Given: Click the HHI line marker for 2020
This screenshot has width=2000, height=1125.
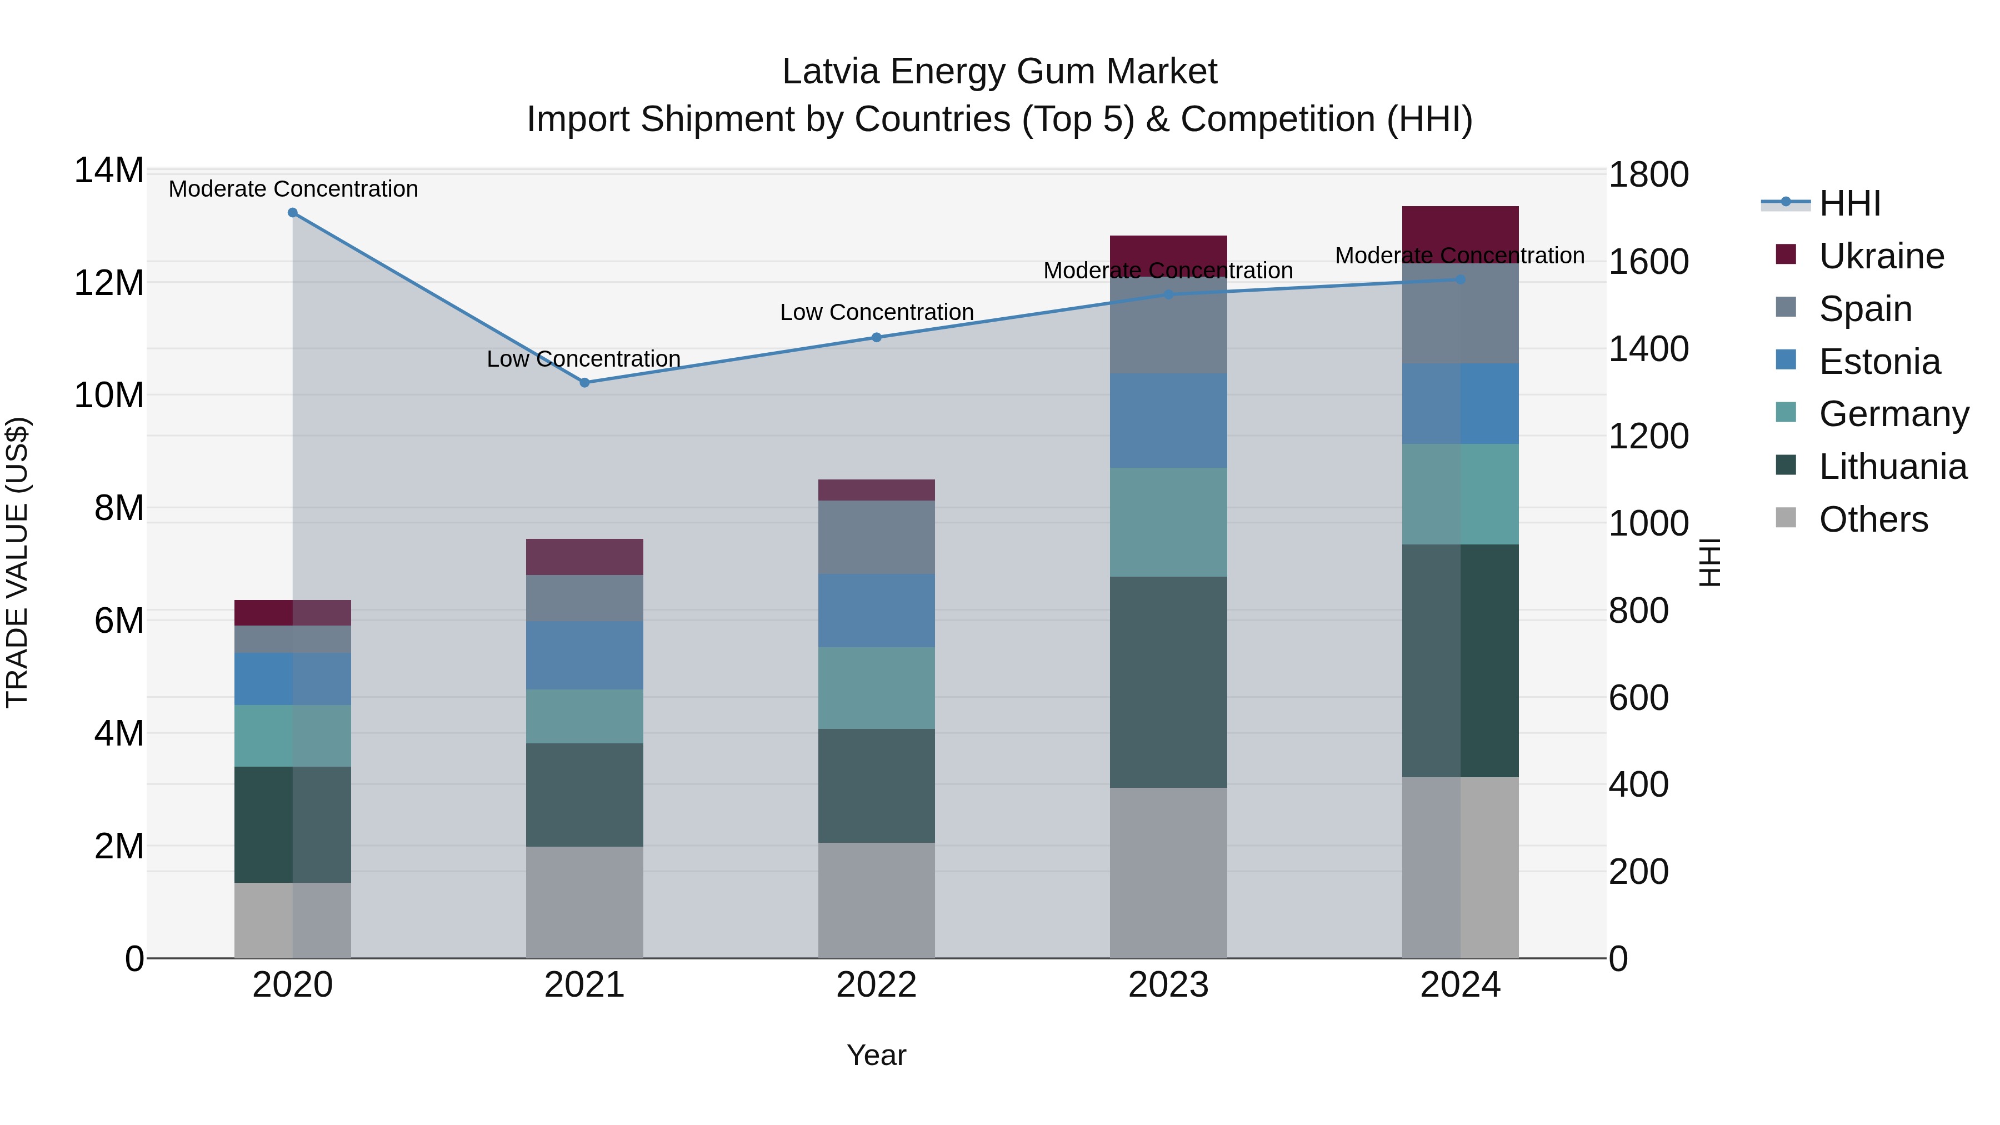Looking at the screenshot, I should click(x=293, y=213).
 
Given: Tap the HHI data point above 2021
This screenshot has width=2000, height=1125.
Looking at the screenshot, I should click(x=584, y=383).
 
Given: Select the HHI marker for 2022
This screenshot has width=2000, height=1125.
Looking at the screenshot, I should click(x=877, y=337).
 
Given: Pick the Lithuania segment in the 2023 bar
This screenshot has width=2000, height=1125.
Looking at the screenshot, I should click(x=1168, y=682).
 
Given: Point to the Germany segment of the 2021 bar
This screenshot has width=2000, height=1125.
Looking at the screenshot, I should click(x=584, y=716).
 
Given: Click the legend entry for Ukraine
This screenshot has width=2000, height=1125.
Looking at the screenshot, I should click(x=1881, y=256).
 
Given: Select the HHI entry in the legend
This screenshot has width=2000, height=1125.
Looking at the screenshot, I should click(x=1849, y=203).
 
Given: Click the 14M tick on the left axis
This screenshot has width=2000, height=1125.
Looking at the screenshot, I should click(x=109, y=170).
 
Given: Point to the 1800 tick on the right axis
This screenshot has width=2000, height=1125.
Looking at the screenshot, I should click(x=1648, y=174).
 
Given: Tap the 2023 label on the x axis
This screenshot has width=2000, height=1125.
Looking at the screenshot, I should click(x=1168, y=984).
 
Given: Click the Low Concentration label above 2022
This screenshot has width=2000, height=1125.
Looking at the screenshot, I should click(x=877, y=312).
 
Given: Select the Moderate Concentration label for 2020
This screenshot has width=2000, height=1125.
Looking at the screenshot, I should click(x=293, y=189).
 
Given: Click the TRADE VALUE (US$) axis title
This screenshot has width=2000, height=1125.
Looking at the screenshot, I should click(x=17, y=562).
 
